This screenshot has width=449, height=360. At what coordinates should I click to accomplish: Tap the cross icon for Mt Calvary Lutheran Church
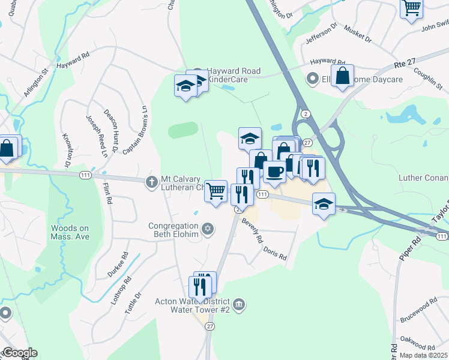[x=152, y=181]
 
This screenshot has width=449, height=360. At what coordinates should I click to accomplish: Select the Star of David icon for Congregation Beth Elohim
[x=208, y=229]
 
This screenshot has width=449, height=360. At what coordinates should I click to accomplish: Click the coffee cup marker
[x=275, y=172]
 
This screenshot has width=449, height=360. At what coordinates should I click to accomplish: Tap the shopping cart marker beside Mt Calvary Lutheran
[x=216, y=191]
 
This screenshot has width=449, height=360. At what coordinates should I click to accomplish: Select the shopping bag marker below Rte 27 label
[x=342, y=77]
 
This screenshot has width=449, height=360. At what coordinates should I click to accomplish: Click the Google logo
[x=19, y=353]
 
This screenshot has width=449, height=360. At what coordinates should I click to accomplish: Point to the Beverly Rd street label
[x=253, y=230]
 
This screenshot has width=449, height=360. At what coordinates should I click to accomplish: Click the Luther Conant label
[x=424, y=178]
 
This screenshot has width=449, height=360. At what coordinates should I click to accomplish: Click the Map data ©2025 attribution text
[x=423, y=355]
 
